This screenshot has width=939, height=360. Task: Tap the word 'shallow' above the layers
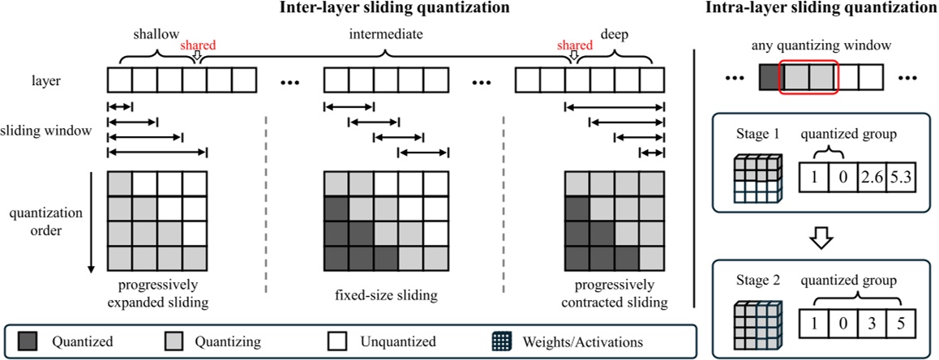pos(156,35)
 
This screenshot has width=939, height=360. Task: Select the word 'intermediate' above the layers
pos(387,35)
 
